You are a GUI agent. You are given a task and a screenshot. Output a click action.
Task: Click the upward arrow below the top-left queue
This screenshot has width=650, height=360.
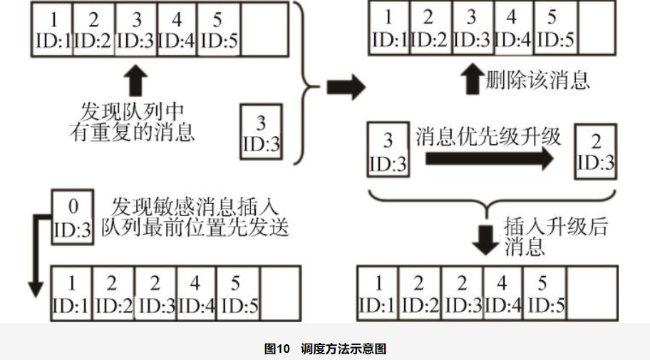[x=136, y=81]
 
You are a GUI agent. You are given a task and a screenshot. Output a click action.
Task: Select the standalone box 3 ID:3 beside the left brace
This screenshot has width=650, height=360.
[x=262, y=131]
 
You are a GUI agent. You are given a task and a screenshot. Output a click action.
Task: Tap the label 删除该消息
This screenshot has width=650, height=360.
[x=538, y=79]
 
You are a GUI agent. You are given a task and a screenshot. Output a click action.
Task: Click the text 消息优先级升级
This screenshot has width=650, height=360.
[x=488, y=135]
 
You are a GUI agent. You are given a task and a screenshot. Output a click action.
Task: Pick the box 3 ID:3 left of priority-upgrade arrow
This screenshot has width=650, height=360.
[x=388, y=150]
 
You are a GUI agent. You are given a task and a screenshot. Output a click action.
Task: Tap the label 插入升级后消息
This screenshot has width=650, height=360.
[x=546, y=237]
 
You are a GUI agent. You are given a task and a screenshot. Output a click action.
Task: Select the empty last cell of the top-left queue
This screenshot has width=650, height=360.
[x=264, y=29]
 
